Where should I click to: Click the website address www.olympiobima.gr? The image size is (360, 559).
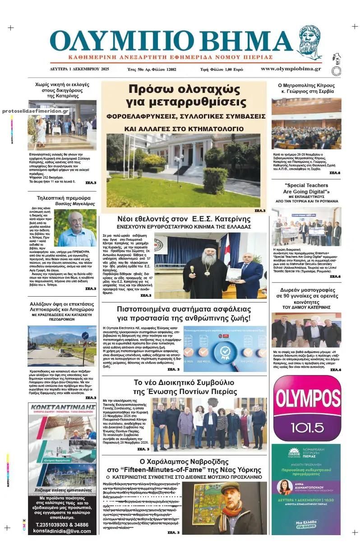[x=291, y=69]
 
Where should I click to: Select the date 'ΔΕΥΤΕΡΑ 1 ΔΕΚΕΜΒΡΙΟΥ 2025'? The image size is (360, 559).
[x=79, y=69]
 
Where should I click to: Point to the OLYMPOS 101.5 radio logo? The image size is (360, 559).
[x=307, y=408]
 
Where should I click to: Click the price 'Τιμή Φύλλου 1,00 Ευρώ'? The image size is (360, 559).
[x=222, y=69]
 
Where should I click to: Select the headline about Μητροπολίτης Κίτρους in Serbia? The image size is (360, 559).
[x=306, y=88]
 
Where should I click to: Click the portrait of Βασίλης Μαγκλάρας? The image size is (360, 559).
[x=76, y=228]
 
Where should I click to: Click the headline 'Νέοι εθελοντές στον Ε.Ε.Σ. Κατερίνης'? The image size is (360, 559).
[x=183, y=219]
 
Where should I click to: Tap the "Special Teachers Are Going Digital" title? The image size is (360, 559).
[x=306, y=188]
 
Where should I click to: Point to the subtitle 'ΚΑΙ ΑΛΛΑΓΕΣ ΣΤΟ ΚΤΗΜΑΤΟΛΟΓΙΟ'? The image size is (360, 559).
[x=183, y=128]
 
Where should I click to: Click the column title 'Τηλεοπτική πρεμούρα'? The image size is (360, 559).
[x=63, y=197]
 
